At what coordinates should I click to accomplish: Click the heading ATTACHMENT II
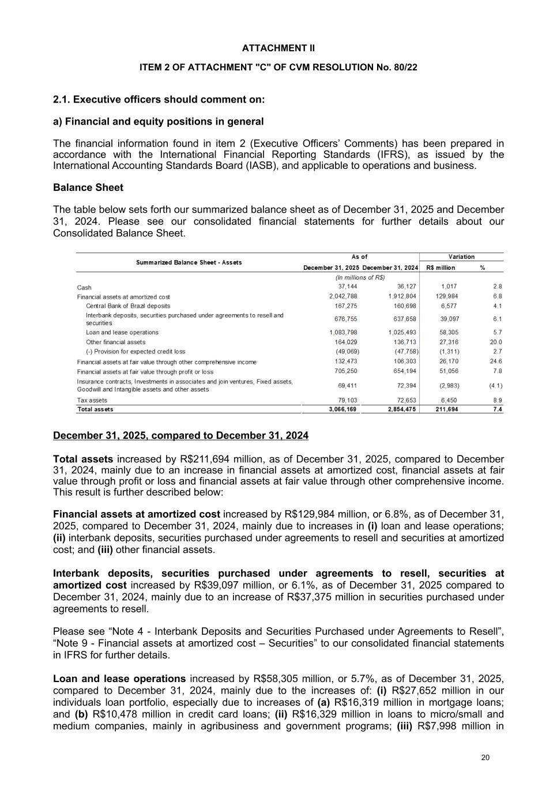coord(278,48)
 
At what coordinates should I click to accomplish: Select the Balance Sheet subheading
coord(88,187)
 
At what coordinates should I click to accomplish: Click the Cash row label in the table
coord(84,288)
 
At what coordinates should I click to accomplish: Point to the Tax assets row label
coord(92,400)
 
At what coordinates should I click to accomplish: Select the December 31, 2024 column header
coord(390,268)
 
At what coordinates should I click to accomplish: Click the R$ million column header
coord(441,268)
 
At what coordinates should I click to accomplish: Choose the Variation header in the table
coord(461,257)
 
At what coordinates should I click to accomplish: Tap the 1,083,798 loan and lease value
coord(343,333)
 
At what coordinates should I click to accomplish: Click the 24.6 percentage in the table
coord(496,362)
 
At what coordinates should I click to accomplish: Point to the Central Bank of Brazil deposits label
coord(128,306)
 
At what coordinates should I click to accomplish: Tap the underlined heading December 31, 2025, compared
coord(180,435)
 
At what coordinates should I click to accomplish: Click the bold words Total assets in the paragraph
coord(83,460)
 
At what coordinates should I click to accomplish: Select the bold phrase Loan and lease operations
coord(119,679)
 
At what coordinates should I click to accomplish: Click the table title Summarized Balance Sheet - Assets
coord(189,262)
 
